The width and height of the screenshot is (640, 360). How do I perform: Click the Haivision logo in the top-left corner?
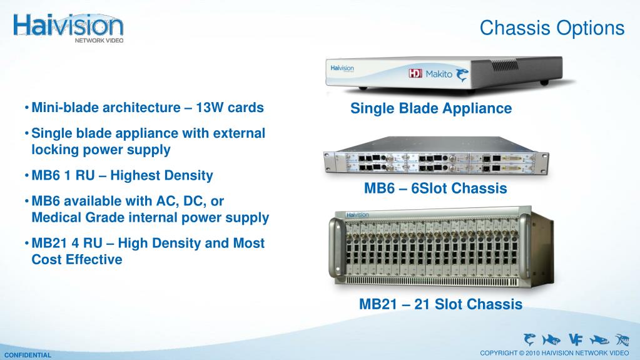tap(68, 28)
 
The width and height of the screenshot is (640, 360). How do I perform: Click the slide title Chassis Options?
tap(552, 28)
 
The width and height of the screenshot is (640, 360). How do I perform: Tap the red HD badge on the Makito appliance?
tap(415, 73)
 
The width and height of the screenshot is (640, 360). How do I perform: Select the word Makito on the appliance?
tap(439, 74)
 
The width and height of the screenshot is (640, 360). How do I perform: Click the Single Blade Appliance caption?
tap(431, 108)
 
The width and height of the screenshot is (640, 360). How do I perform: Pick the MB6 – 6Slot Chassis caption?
tap(435, 188)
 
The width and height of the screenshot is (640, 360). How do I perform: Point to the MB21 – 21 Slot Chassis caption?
tap(441, 304)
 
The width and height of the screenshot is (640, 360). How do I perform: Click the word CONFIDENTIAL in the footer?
tap(28, 355)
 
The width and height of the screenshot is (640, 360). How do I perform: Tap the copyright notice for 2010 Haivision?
tap(555, 352)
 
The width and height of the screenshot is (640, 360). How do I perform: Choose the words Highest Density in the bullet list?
tap(161, 176)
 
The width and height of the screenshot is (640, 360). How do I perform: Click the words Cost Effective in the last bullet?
tap(77, 259)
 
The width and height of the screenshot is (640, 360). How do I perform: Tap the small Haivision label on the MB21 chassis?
tap(357, 215)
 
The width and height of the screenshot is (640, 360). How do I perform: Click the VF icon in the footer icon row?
tap(576, 339)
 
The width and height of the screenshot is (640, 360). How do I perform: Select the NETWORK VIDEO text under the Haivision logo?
tap(99, 41)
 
